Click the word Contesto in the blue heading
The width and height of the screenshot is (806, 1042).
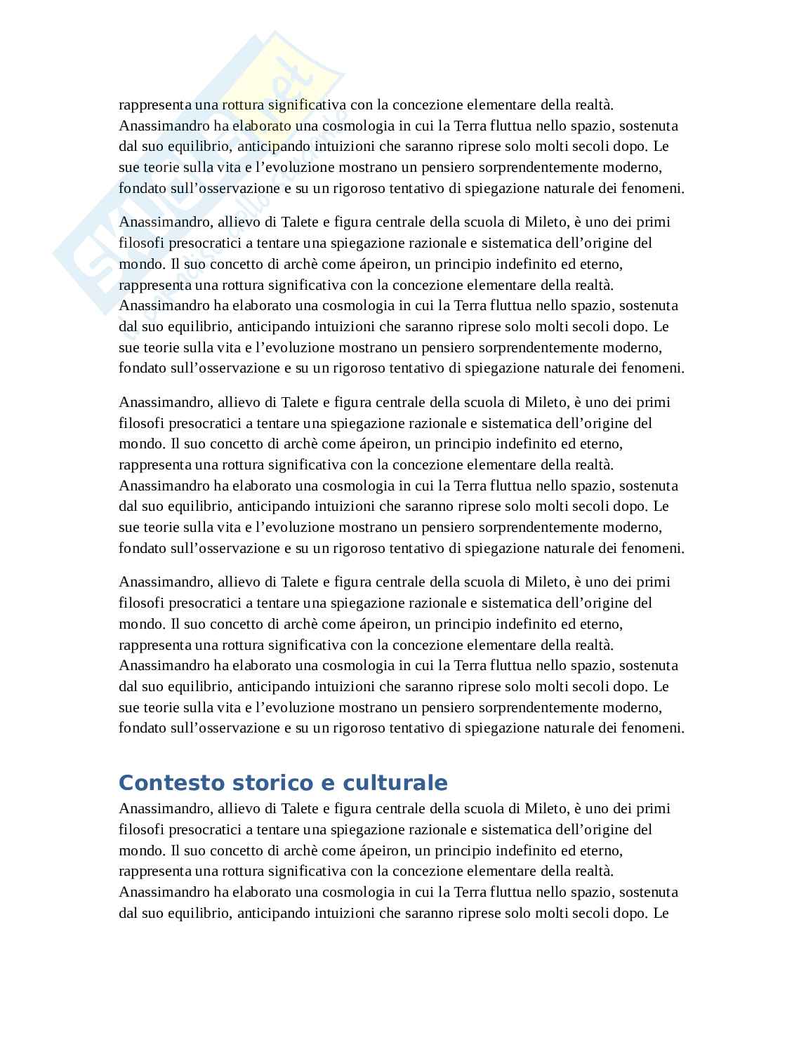[x=166, y=782]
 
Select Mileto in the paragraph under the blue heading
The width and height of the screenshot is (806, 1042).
[x=545, y=808]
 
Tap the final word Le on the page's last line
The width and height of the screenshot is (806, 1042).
[x=661, y=913]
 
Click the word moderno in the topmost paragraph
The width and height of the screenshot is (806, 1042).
[x=637, y=168]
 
